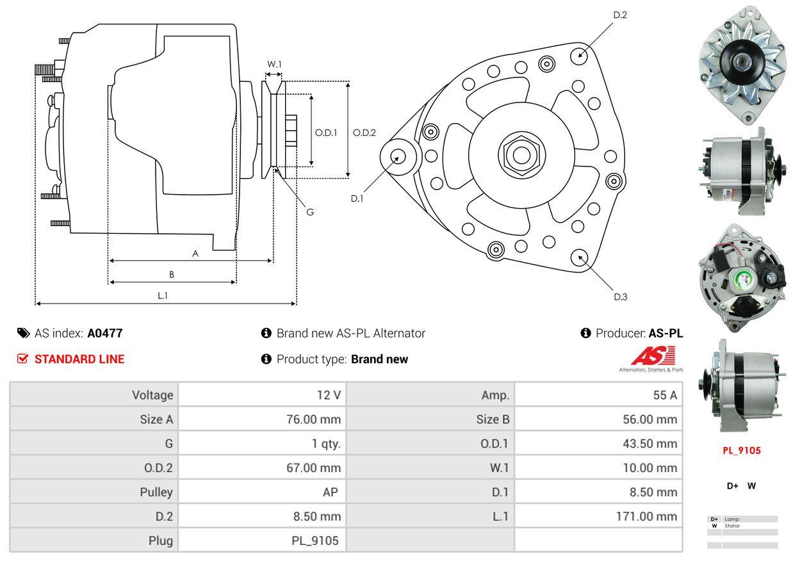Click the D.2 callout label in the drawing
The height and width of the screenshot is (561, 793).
[619, 15]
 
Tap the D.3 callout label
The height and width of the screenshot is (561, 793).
[620, 297]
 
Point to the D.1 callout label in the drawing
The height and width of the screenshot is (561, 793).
[357, 199]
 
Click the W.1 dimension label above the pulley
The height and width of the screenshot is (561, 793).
[275, 64]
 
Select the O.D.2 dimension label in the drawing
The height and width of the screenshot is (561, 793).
[364, 133]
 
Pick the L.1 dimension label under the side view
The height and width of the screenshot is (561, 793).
[163, 295]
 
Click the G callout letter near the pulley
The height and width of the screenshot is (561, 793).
[309, 212]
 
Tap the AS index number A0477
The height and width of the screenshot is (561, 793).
[105, 333]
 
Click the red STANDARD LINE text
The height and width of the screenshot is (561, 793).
[79, 359]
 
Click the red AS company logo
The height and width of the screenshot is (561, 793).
[653, 356]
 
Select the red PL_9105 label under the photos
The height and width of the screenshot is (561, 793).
[742, 450]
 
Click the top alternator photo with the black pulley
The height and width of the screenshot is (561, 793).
[742, 64]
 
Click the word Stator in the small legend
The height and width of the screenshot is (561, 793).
[732, 526]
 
